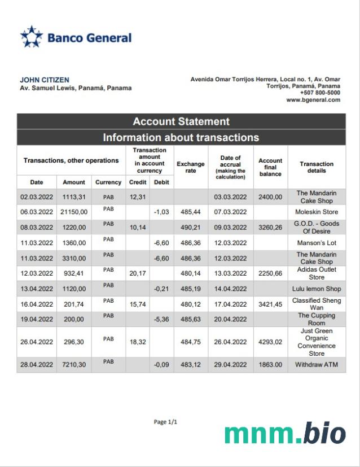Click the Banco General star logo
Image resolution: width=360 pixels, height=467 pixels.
pyautogui.click(x=32, y=37)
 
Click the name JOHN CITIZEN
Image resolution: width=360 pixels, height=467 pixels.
pyautogui.click(x=45, y=80)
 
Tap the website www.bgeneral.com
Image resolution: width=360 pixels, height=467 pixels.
pyautogui.click(x=313, y=100)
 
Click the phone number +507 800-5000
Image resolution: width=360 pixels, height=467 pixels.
pyautogui.click(x=320, y=93)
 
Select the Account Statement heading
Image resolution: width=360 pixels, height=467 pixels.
pyautogui.click(x=181, y=121)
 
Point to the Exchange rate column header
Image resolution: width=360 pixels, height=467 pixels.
pyautogui.click(x=191, y=167)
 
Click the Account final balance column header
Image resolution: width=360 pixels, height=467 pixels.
pyautogui.click(x=270, y=167)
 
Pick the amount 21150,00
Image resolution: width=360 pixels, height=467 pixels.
pyautogui.click(x=74, y=212)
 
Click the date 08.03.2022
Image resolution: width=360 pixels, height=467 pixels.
pyautogui.click(x=37, y=228)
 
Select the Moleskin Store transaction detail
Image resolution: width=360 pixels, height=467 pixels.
pyautogui.click(x=317, y=212)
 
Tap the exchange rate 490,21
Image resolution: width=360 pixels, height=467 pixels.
pyautogui.click(x=191, y=228)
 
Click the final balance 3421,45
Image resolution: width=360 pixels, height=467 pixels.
pyautogui.click(x=270, y=304)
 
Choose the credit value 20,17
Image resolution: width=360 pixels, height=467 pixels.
pyautogui.click(x=138, y=273)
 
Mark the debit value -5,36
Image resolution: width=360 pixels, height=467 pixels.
pyautogui.click(x=161, y=320)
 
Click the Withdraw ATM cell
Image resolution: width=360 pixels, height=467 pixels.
pyautogui.click(x=317, y=365)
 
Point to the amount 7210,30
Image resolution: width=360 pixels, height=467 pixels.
pyautogui.click(x=74, y=365)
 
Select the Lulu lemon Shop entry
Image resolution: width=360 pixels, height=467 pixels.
pyautogui.click(x=317, y=289)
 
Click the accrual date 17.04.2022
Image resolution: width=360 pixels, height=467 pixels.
pyautogui.click(x=231, y=304)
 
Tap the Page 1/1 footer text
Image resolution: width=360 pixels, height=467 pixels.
pyautogui.click(x=165, y=422)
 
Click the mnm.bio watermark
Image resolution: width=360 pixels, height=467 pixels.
pyautogui.click(x=284, y=434)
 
